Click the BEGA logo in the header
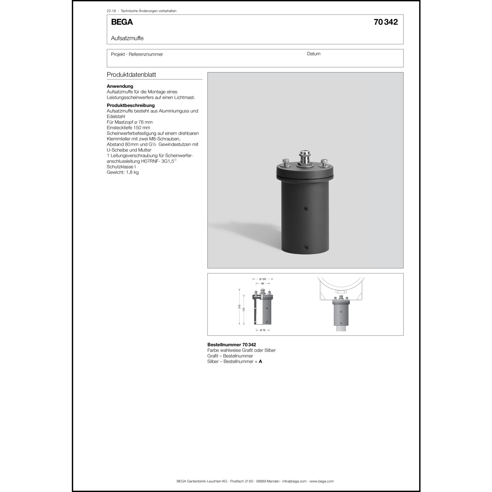(x=122, y=22)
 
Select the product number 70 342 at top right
(x=385, y=22)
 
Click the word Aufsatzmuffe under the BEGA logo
(x=127, y=38)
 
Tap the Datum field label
(x=314, y=54)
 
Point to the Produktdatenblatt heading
(x=131, y=74)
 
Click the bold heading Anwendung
(x=120, y=86)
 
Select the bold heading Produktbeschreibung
(x=131, y=105)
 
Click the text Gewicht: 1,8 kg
(x=122, y=172)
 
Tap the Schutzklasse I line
(x=121, y=167)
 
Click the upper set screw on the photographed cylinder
(x=306, y=209)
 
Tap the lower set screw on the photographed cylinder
(x=306, y=247)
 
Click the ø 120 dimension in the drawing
(x=262, y=279)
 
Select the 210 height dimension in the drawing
(x=239, y=307)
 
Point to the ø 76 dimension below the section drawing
(x=262, y=330)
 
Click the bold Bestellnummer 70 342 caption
(x=232, y=345)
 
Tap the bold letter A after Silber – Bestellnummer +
(x=260, y=361)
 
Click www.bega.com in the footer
(x=321, y=481)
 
